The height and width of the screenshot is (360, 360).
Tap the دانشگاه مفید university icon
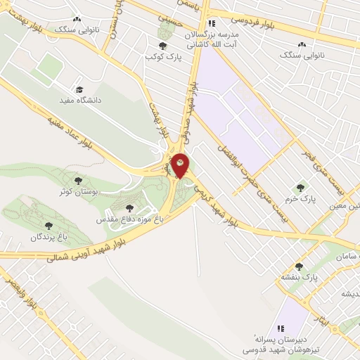coord(79,90)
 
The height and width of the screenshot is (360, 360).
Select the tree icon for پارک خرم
coord(301,188)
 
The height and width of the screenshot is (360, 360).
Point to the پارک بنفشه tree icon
coord(300,266)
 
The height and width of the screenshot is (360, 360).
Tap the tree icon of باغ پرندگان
coord(48,226)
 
